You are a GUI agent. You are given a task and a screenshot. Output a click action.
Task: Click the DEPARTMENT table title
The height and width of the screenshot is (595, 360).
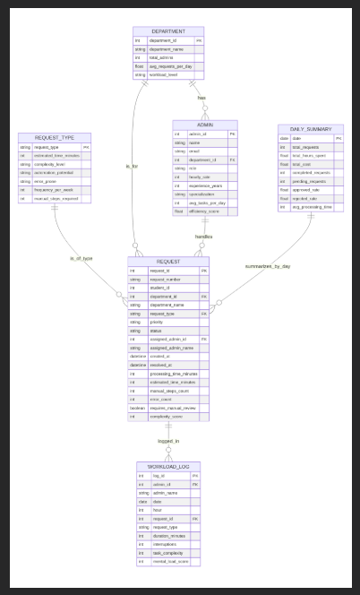(x=168, y=31)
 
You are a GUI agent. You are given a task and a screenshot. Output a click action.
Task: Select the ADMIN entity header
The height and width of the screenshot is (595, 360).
(x=205, y=125)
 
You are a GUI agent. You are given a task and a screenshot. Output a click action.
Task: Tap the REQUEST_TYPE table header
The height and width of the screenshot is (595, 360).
(x=54, y=137)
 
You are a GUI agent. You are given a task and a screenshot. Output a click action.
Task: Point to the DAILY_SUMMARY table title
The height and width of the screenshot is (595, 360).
(x=311, y=129)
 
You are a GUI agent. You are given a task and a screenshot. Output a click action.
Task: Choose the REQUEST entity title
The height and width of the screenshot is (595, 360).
(x=168, y=261)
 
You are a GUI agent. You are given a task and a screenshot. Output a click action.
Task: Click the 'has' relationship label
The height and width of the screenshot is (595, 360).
(x=201, y=98)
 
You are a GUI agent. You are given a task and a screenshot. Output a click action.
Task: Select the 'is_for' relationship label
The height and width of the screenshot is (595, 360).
(x=133, y=167)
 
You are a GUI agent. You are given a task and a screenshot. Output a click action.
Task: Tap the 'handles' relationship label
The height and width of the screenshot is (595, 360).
(x=204, y=236)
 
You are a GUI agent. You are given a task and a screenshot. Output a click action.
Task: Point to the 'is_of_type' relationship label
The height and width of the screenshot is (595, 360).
(x=81, y=258)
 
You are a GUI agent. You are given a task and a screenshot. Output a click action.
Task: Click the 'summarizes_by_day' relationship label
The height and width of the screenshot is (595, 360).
(x=268, y=266)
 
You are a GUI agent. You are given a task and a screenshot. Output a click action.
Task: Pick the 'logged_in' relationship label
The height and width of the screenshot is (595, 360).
(x=168, y=441)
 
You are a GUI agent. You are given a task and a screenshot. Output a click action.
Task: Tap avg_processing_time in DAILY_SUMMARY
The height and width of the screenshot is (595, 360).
(x=310, y=207)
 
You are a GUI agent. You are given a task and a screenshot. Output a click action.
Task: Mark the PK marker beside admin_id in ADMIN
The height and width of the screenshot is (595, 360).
(x=232, y=134)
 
